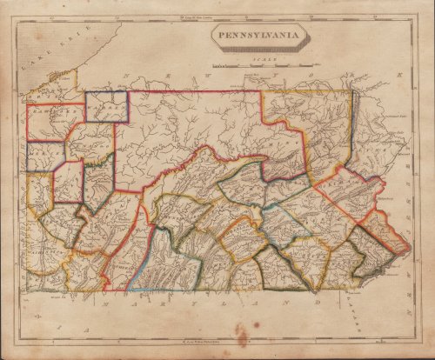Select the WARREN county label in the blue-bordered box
[107, 107]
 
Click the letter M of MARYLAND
[108, 306]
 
